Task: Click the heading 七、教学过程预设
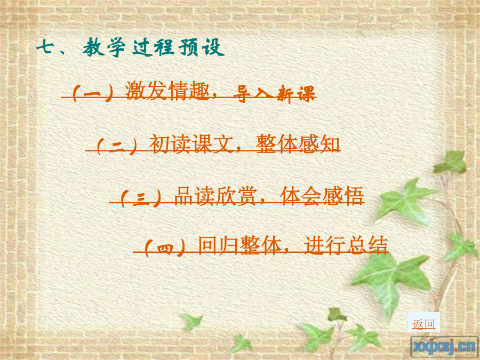pos(131,47)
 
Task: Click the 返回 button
pos(423,324)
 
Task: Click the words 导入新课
pos(274,93)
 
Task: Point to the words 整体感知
pos(298,144)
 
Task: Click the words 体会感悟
pos(322,196)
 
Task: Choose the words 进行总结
pos(346,245)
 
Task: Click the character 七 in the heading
pos(45,47)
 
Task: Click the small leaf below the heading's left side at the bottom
pos(191,322)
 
